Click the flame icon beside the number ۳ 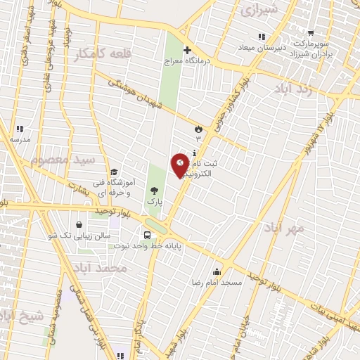[x=198, y=129]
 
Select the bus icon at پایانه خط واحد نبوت [x=147, y=236]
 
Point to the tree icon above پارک [x=154, y=190]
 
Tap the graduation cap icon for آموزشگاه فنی [x=113, y=172]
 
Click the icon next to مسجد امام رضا [x=217, y=271]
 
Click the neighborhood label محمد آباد [x=103, y=268]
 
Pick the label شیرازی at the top [x=259, y=11]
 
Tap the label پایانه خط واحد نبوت [x=184, y=247]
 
